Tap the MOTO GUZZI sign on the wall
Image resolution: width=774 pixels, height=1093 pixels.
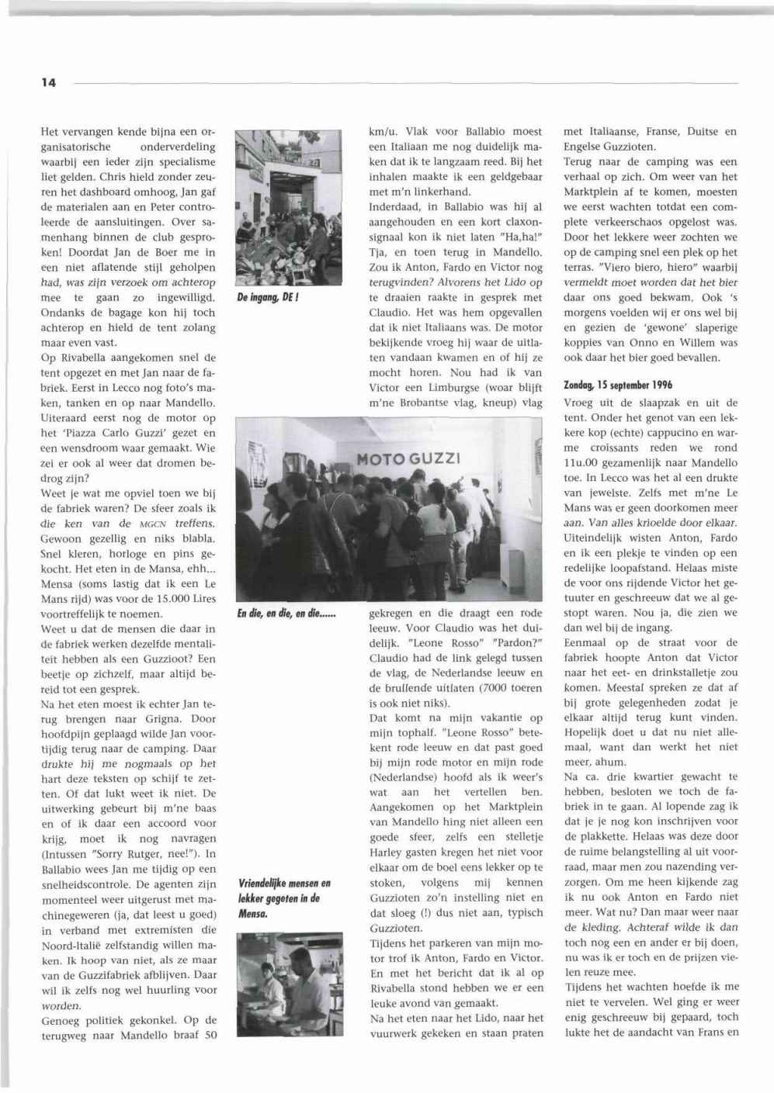(408, 458)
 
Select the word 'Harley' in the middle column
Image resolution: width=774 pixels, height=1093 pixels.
(387, 853)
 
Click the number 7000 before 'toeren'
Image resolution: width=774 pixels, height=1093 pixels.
(491, 687)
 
